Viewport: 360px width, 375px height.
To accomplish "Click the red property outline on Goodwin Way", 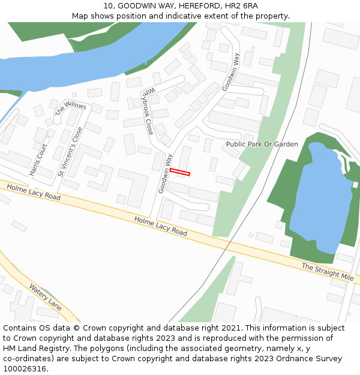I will [180, 172].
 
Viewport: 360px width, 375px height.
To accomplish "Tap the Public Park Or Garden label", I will [262, 144].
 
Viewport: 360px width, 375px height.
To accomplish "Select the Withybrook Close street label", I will [148, 112].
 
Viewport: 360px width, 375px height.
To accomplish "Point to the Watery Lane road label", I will [46, 296].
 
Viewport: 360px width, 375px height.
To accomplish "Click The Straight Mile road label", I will [327, 272].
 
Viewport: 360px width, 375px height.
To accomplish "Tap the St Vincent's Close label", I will [70, 152].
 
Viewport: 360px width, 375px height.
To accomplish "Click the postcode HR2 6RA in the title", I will [244, 5].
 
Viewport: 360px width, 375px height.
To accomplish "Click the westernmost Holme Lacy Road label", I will [34, 192].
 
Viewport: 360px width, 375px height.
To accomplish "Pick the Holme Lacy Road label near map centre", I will [161, 226].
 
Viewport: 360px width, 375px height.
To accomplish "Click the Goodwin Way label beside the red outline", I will [165, 173].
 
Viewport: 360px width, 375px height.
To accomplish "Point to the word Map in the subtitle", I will [80, 16].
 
